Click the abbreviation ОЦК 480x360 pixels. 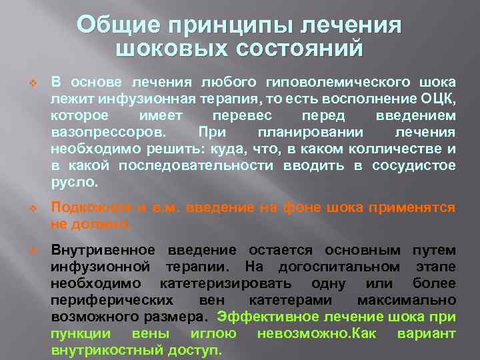tap(440, 99)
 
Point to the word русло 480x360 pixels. tap(74, 181)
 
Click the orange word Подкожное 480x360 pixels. tap(86, 208)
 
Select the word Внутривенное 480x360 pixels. tap(103, 251)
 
